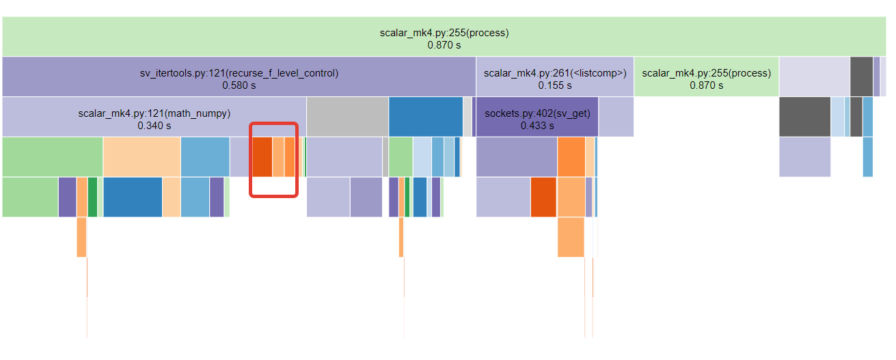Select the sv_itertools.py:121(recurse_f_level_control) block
click(239, 77)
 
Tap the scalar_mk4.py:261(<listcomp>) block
click(555, 77)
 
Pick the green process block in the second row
click(706, 77)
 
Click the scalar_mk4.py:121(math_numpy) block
click(154, 117)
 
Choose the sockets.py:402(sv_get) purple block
click(537, 117)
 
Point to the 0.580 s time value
click(239, 86)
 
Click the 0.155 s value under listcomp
click(555, 86)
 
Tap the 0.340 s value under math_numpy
click(154, 126)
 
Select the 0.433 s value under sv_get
click(537, 126)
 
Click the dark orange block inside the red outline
click(262, 156)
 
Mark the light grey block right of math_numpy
click(347, 117)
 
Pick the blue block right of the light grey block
click(426, 117)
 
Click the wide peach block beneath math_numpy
click(141, 156)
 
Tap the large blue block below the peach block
click(133, 197)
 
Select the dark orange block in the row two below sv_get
click(543, 197)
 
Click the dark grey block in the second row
click(861, 77)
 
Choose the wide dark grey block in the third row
click(804, 117)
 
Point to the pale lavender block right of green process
click(814, 77)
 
